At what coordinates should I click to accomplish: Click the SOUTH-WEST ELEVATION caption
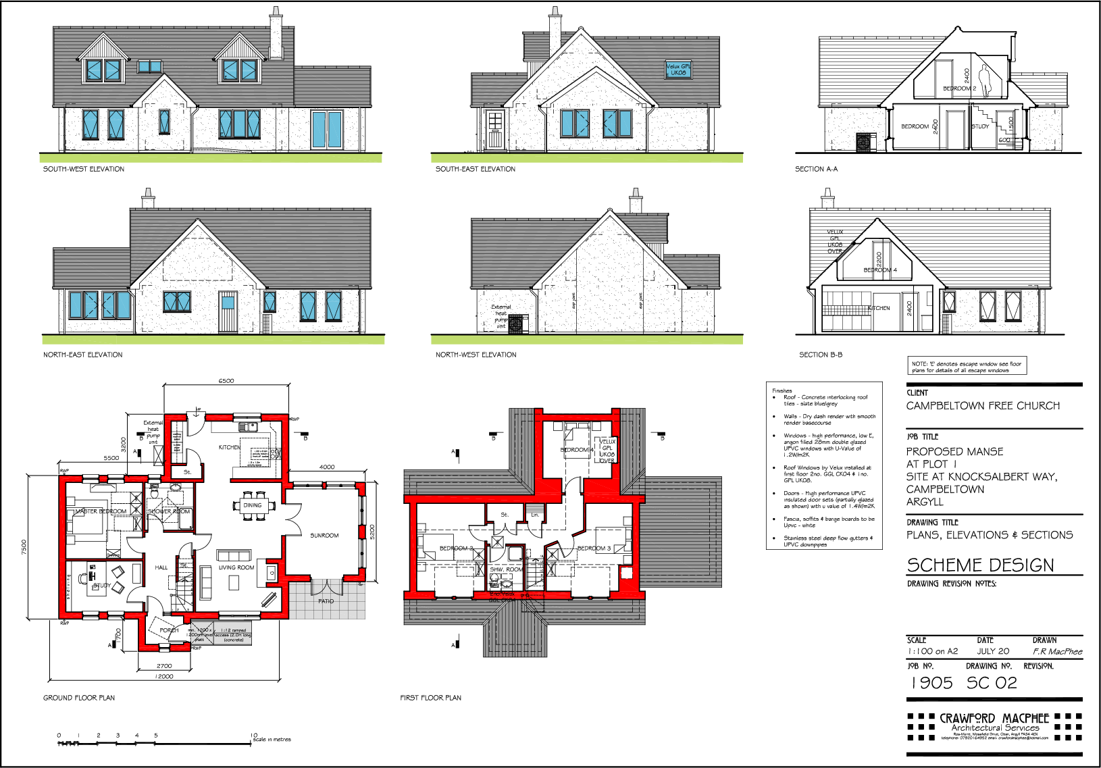click(84, 169)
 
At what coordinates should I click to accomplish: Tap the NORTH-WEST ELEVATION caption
click(476, 355)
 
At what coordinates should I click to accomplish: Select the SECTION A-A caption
click(816, 169)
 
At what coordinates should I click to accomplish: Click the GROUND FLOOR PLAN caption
click(79, 698)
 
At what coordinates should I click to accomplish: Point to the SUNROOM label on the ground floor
click(324, 536)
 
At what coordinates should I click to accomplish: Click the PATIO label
click(326, 600)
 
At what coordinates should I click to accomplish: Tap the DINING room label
click(253, 505)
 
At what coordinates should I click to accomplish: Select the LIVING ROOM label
click(236, 567)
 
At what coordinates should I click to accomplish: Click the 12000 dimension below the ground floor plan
click(163, 676)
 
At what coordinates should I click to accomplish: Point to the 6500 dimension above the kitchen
click(226, 381)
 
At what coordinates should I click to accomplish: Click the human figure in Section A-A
click(985, 82)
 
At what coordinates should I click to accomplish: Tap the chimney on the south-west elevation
click(276, 34)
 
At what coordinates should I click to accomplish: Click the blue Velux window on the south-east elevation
click(678, 70)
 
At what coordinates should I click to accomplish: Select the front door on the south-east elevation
click(495, 130)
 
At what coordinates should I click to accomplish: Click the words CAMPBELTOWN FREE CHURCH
click(983, 406)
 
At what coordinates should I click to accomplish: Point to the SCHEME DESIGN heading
click(980, 565)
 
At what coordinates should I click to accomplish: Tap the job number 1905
click(931, 683)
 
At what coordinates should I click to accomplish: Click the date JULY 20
click(993, 651)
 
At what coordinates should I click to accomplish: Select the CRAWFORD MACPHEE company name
click(994, 718)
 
